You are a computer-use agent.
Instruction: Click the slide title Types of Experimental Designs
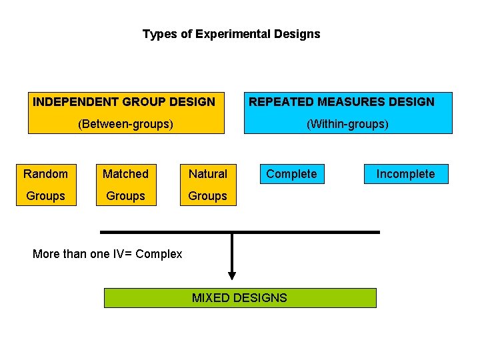coord(231,34)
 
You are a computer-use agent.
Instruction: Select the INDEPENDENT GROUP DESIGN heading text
coord(124,102)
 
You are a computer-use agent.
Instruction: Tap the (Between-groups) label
coord(125,123)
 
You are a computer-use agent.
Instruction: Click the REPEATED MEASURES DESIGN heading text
coord(341,102)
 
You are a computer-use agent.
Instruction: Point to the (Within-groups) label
coord(347,123)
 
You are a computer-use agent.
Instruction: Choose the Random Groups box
coord(46,185)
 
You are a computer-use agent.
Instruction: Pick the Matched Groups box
coord(125,185)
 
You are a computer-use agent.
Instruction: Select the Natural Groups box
coord(208,185)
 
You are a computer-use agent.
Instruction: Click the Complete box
coord(291,174)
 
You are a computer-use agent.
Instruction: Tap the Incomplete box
coord(405,174)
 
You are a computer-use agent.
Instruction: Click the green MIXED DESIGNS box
coord(240,298)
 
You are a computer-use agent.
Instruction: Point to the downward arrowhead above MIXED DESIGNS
coord(232,275)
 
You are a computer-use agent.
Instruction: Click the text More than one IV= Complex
coord(107,254)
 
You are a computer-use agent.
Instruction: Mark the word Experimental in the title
coord(233,34)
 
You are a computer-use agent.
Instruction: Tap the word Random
coord(46,174)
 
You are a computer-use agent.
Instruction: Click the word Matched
coord(125,174)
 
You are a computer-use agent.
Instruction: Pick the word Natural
coord(208,174)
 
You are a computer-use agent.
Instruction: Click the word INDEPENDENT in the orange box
coord(76,102)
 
